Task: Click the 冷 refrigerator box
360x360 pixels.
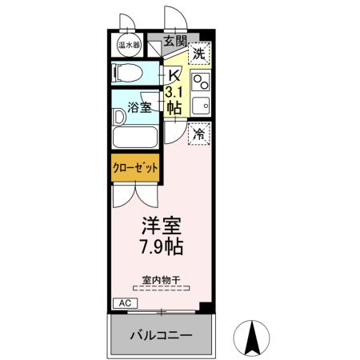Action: click(199, 134)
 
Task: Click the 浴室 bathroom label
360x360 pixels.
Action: click(141, 107)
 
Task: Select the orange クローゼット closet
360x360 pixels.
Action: click(134, 169)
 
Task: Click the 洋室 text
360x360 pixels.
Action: click(162, 225)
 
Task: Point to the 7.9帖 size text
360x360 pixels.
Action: click(162, 246)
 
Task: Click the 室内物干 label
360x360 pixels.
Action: click(161, 279)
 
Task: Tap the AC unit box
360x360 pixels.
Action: click(124, 303)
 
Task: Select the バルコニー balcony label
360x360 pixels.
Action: click(162, 335)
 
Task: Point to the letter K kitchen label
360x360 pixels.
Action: click(173, 76)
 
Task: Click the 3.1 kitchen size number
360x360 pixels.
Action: click(173, 93)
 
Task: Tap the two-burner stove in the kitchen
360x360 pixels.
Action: click(200, 81)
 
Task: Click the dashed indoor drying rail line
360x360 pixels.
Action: click(161, 288)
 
